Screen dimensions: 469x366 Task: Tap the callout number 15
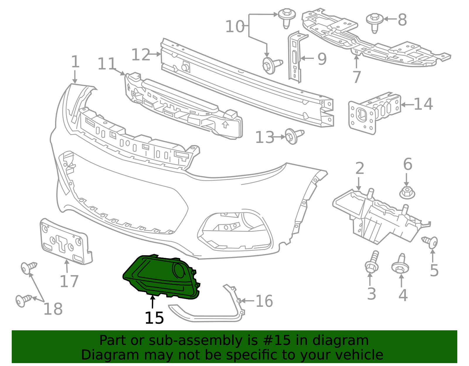[x=154, y=318]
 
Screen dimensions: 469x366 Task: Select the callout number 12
[x=141, y=55]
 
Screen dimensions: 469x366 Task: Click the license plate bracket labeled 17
[x=66, y=241]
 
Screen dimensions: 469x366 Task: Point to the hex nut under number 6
[x=407, y=193]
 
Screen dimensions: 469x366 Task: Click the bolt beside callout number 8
[x=375, y=23]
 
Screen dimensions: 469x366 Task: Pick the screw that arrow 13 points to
[x=294, y=136]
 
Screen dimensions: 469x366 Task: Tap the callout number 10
[x=235, y=27]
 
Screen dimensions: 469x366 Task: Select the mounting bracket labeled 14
[x=375, y=113]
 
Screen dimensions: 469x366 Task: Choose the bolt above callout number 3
[x=372, y=262]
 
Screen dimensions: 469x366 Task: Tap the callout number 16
[x=264, y=301]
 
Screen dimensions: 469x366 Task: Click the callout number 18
[x=53, y=309]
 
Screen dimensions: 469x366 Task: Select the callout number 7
[x=356, y=77]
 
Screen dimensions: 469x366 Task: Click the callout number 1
[x=75, y=62]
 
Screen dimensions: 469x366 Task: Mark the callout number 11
[x=107, y=64]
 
